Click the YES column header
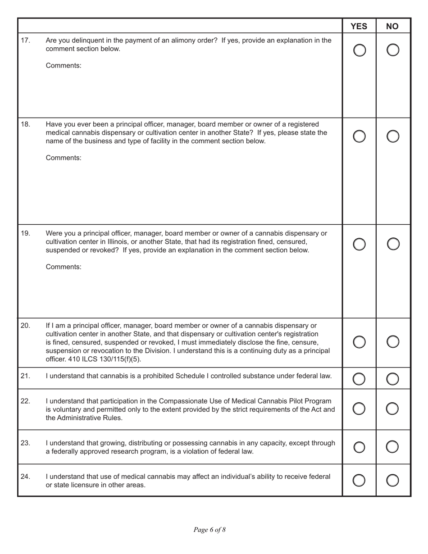pyautogui.click(x=359, y=26)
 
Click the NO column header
pyautogui.click(x=392, y=26)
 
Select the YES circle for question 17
pyautogui.click(x=360, y=50)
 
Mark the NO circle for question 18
pyautogui.click(x=393, y=136)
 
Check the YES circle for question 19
pyautogui.click(x=360, y=244)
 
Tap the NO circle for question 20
pyautogui.click(x=393, y=342)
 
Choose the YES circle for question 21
pyautogui.click(x=360, y=379)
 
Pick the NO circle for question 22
pyautogui.click(x=393, y=409)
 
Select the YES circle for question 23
pyautogui.click(x=360, y=447)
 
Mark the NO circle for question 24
pyautogui.click(x=393, y=481)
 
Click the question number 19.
pyautogui.click(x=26, y=233)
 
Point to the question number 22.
pyautogui.click(x=26, y=401)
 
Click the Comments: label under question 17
pyautogui.click(x=64, y=65)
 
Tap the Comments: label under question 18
pyautogui.click(x=64, y=158)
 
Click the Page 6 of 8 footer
pyautogui.click(x=209, y=530)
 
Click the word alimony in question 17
pyautogui.click(x=189, y=41)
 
